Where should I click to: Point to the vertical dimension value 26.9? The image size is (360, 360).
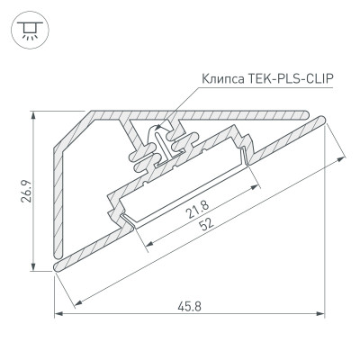(27, 191)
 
